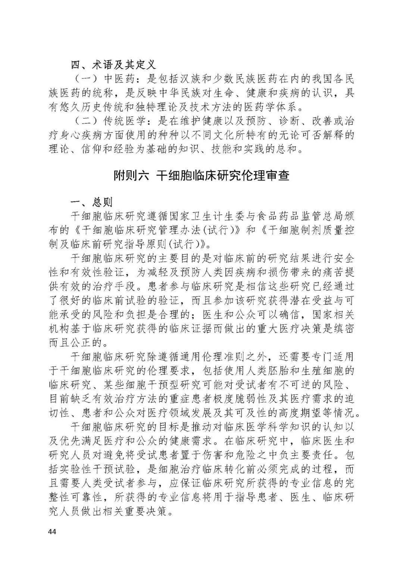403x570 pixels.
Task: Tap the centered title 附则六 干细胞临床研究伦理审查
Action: (201, 176)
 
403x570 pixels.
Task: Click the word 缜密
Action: (343, 328)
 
